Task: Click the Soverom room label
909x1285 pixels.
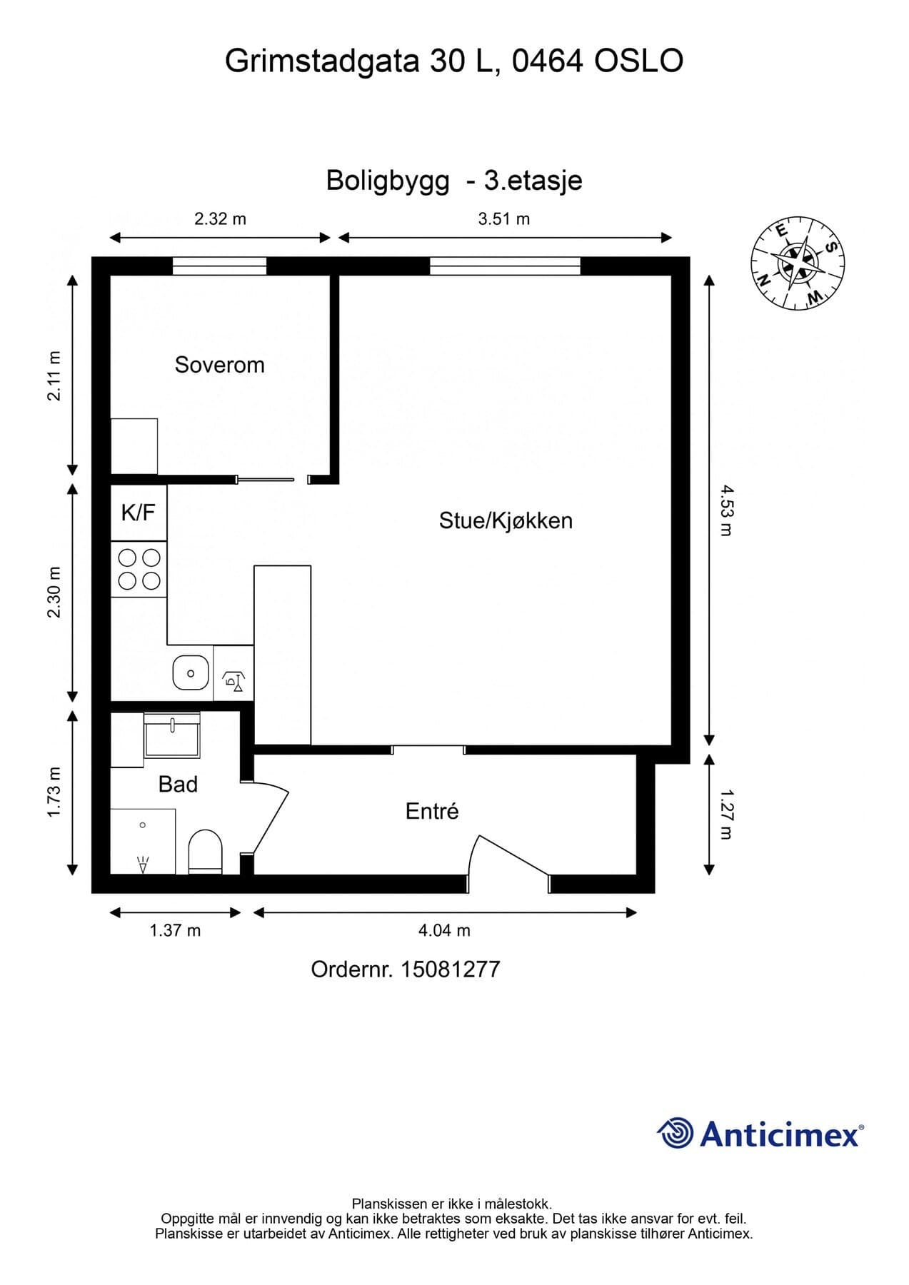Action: pyautogui.click(x=219, y=365)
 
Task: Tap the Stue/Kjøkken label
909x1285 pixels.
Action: pyautogui.click(x=506, y=520)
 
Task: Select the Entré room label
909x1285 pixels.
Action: pyautogui.click(x=431, y=811)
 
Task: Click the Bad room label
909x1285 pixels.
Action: pyautogui.click(x=178, y=785)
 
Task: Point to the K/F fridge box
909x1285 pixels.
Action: pyautogui.click(x=139, y=513)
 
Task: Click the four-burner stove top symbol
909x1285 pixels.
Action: pyautogui.click(x=139, y=569)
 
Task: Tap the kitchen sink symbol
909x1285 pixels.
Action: pyautogui.click(x=191, y=673)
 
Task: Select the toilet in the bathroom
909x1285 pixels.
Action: pyautogui.click(x=205, y=851)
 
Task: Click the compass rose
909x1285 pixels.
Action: pyautogui.click(x=798, y=263)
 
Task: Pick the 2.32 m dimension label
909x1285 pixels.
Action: pyautogui.click(x=220, y=219)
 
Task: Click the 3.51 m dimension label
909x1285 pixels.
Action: pyautogui.click(x=504, y=219)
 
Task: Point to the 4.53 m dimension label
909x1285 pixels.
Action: pyautogui.click(x=726, y=510)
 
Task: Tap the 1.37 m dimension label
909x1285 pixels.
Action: pyautogui.click(x=175, y=930)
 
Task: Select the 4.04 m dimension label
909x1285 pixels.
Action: pyautogui.click(x=444, y=930)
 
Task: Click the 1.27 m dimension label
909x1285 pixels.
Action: pyautogui.click(x=726, y=814)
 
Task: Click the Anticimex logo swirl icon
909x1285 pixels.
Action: pyautogui.click(x=675, y=1134)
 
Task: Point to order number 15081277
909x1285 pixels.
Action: pyautogui.click(x=450, y=969)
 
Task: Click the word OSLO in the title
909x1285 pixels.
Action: pyautogui.click(x=639, y=61)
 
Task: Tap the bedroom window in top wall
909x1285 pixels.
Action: pyautogui.click(x=219, y=266)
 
